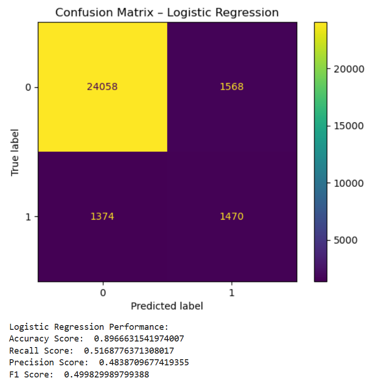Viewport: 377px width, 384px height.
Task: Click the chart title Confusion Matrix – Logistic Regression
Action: [x=167, y=13]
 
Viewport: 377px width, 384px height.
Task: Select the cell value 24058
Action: [x=103, y=87]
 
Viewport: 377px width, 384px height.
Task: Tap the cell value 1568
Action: [x=232, y=87]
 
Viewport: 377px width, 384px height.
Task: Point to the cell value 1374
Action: [x=103, y=217]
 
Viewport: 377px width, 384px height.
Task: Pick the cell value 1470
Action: [x=232, y=217]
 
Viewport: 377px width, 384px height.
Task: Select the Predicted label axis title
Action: [x=167, y=306]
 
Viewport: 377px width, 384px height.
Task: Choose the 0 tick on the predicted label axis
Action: [x=103, y=293]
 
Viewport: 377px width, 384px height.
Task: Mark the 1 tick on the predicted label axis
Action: [x=232, y=293]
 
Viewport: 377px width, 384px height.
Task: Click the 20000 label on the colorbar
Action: [x=348, y=69]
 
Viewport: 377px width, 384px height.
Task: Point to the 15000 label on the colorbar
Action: [x=348, y=126]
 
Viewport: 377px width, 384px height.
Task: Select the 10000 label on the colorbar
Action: [x=348, y=183]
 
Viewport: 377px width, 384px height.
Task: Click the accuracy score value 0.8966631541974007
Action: [x=142, y=339]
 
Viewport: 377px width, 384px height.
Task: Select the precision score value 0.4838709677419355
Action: [x=144, y=363]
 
